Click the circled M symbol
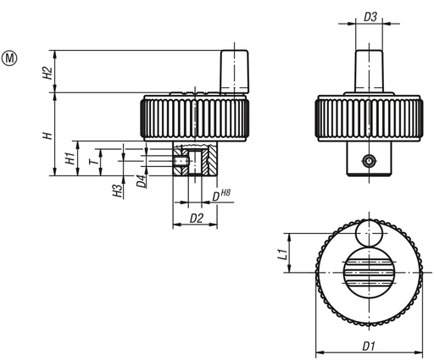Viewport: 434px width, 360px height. tap(11, 58)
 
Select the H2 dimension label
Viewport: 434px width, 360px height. tap(48, 71)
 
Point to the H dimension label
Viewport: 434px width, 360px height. tap(48, 134)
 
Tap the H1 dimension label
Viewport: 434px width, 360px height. tap(70, 158)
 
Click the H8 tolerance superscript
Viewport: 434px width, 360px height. tap(227, 195)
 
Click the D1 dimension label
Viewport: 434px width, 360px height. tap(370, 346)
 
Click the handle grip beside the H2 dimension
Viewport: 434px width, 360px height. tap(236, 70)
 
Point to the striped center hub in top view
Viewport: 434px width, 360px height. tap(370, 270)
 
